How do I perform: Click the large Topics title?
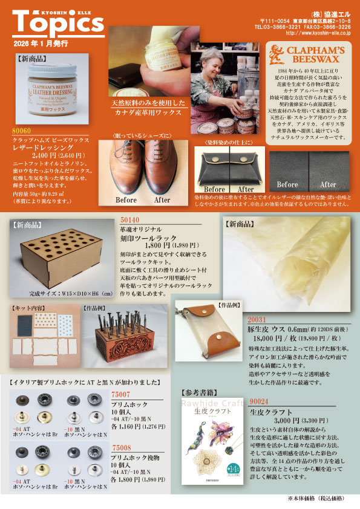pyautogui.click(x=58, y=22)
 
